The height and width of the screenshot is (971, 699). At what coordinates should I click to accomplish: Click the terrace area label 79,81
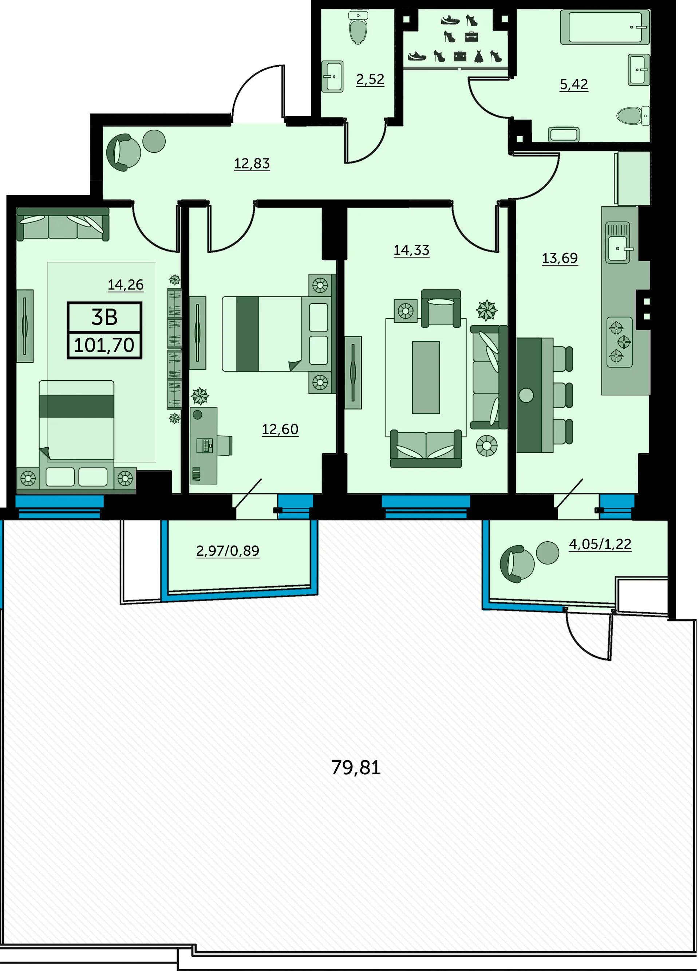pyautogui.click(x=356, y=768)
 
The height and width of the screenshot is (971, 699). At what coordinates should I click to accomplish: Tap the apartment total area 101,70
pyautogui.click(x=104, y=345)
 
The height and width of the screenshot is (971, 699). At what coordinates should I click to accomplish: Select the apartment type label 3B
pyautogui.click(x=104, y=317)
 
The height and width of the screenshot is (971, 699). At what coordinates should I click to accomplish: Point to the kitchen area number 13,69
pyautogui.click(x=560, y=258)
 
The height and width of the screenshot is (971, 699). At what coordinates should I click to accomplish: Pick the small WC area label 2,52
pyautogui.click(x=370, y=79)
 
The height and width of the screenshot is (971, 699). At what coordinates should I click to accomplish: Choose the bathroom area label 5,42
pyautogui.click(x=574, y=84)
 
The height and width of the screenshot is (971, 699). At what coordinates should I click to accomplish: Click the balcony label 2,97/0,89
pyautogui.click(x=228, y=551)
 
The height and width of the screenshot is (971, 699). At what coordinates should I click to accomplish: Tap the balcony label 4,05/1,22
pyautogui.click(x=600, y=544)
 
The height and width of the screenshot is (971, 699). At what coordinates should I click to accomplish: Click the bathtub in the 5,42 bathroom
pyautogui.click(x=605, y=27)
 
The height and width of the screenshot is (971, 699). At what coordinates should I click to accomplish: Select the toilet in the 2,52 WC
pyautogui.click(x=358, y=28)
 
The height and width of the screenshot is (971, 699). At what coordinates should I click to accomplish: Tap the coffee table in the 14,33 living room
pyautogui.click(x=426, y=378)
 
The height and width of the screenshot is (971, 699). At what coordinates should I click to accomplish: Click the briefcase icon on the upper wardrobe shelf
pyautogui.click(x=471, y=37)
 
